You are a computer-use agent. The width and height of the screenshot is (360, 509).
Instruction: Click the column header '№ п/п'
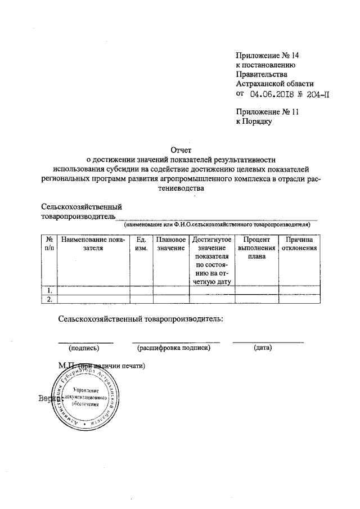[x=49, y=244]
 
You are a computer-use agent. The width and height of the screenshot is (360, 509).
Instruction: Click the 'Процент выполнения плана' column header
[x=256, y=248]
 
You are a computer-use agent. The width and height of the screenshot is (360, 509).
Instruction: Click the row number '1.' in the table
[x=49, y=290]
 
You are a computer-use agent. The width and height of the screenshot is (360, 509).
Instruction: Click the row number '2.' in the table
[x=49, y=299]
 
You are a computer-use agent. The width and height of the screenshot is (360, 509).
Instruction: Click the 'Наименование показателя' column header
[x=93, y=244]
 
